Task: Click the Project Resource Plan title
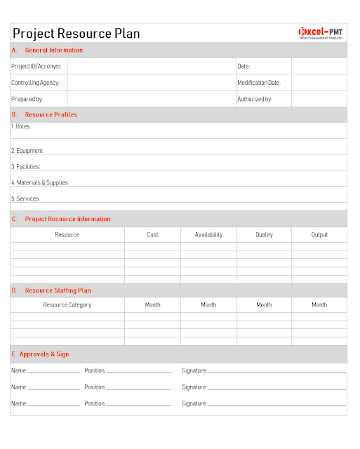[x=76, y=33]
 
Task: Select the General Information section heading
[x=53, y=51]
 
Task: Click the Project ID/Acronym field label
[x=36, y=67]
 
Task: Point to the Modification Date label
[x=258, y=83]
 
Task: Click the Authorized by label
[x=254, y=100]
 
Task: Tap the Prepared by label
[x=27, y=100]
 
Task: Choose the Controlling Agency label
[x=35, y=83]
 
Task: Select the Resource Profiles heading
[x=51, y=115]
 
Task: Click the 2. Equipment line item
[x=27, y=151]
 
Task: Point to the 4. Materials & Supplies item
[x=39, y=183]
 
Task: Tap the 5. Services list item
[x=25, y=199]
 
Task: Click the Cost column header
[x=152, y=235]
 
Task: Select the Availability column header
[x=208, y=235]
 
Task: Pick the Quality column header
[x=264, y=235]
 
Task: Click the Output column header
[x=319, y=235]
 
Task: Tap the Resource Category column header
[x=67, y=305]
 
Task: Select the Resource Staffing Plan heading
[x=58, y=290]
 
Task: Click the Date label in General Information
[x=244, y=67]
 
